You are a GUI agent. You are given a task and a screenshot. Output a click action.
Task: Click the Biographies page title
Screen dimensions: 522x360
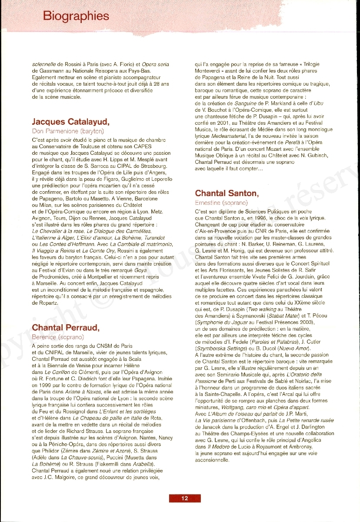click(76, 16)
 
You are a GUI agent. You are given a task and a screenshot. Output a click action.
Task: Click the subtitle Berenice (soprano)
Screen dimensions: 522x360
click(58, 336)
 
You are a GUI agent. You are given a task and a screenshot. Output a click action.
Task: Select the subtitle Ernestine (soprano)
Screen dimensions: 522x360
click(221, 203)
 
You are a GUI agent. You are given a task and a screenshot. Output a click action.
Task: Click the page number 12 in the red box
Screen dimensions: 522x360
click(185, 498)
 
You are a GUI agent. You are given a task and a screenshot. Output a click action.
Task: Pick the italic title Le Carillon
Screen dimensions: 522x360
click(58, 372)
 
